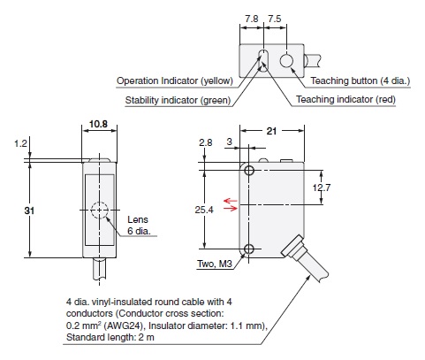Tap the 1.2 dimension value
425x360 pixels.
(20, 142)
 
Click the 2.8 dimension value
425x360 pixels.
(205, 142)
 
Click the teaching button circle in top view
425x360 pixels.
(287, 61)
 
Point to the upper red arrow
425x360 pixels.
(231, 201)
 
